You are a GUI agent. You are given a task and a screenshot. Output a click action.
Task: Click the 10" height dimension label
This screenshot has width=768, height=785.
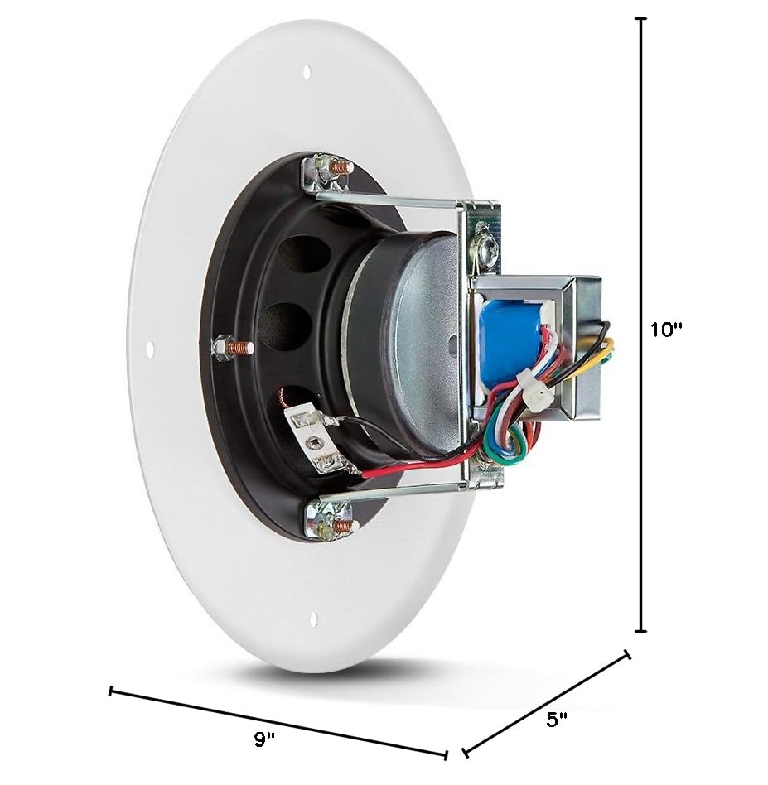[666, 330]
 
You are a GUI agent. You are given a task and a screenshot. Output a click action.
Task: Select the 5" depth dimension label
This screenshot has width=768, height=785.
[557, 720]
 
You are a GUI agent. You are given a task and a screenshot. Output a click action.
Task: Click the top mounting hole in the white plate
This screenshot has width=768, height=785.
[307, 72]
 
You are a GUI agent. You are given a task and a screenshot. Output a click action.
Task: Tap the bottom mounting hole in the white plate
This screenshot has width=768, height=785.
[314, 619]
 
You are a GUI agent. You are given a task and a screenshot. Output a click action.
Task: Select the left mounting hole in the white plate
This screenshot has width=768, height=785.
[149, 349]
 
